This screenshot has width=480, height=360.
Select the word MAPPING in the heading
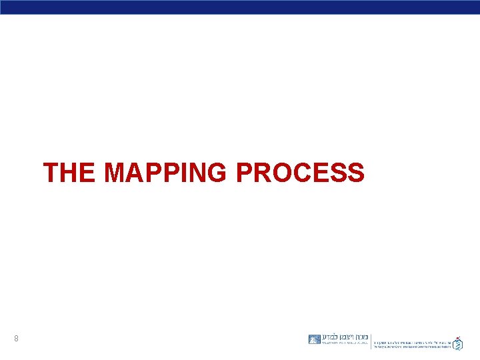[x=167, y=173]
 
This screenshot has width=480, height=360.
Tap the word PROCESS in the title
[x=300, y=173]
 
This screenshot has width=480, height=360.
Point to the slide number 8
[x=16, y=339]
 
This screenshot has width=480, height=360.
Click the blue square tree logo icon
[x=315, y=339]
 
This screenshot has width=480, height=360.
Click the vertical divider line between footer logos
[x=371, y=341]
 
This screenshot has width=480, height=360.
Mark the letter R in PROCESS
[x=260, y=173]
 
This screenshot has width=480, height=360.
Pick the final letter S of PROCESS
[x=355, y=173]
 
